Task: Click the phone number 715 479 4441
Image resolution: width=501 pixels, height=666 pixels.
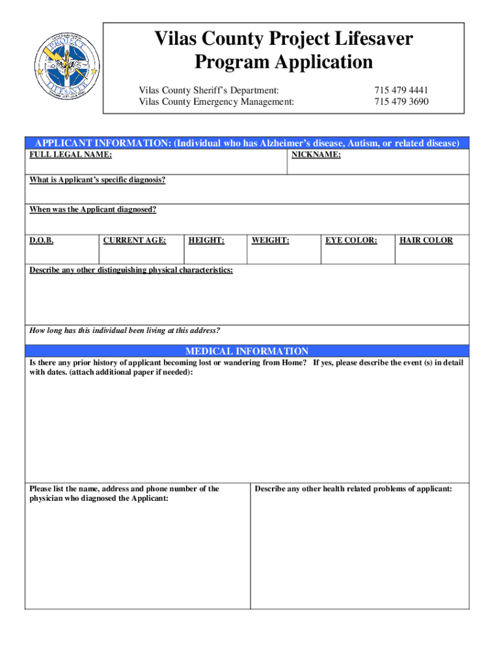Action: (401, 90)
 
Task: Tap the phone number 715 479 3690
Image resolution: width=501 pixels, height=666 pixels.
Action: (401, 102)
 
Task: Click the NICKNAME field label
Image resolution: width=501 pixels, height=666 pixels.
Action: (316, 155)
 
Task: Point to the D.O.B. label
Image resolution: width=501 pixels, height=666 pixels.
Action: (42, 241)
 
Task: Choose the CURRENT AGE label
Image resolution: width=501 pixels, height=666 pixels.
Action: (135, 241)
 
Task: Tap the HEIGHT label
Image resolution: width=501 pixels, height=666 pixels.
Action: (206, 241)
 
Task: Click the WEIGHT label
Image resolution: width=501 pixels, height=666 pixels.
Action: (271, 241)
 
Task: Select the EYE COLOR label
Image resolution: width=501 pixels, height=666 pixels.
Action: (351, 241)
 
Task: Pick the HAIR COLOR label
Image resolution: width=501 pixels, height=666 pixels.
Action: (426, 241)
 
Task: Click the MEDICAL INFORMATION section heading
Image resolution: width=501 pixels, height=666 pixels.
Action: (247, 351)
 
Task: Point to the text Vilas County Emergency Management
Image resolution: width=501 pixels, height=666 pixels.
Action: (216, 102)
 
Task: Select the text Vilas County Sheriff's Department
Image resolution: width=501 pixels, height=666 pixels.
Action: (209, 90)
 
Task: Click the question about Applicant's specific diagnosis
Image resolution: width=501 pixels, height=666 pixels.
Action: (98, 180)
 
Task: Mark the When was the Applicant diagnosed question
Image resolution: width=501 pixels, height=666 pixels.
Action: (93, 209)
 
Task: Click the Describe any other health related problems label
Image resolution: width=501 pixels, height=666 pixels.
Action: (353, 489)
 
